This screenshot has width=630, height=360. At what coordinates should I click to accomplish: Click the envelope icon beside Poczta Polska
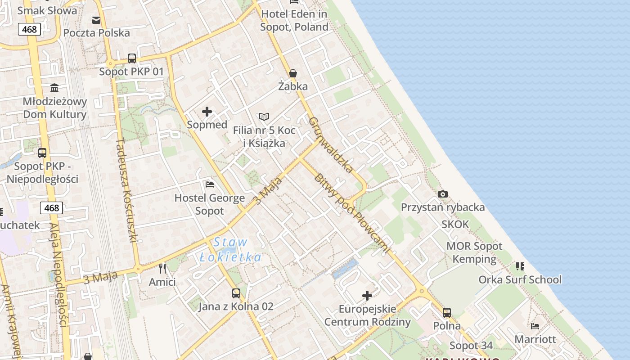click(x=96, y=20)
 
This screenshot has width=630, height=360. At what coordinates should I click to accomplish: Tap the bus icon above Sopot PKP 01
click(x=132, y=58)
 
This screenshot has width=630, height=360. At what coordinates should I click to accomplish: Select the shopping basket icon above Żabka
click(x=293, y=73)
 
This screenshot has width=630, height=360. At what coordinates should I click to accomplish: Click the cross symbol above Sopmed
click(x=207, y=112)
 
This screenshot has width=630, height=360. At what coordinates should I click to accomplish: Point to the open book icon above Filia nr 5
click(x=264, y=117)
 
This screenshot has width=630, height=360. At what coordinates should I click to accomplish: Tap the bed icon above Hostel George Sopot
click(x=210, y=184)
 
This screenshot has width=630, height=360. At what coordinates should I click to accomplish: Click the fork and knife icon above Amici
click(x=162, y=269)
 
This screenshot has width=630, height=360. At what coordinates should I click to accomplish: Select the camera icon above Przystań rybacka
click(x=443, y=194)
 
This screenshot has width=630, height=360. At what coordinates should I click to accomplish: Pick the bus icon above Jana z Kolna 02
click(x=236, y=293)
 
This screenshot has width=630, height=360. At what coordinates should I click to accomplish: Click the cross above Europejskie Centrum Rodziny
click(x=367, y=296)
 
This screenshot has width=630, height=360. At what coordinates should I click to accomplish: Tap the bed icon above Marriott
click(x=535, y=326)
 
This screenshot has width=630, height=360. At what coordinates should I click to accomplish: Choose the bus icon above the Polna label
click(x=447, y=312)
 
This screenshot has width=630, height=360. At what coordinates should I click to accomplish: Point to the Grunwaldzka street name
click(x=331, y=145)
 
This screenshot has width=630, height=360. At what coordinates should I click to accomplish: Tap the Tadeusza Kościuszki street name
click(x=126, y=190)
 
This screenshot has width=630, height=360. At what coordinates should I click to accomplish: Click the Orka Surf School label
click(x=520, y=279)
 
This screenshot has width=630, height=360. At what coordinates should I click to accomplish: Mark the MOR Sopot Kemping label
click(x=474, y=252)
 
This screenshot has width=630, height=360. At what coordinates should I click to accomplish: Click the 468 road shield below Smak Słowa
click(x=30, y=30)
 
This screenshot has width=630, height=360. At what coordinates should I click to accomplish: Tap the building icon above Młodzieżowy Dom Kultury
click(x=55, y=87)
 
